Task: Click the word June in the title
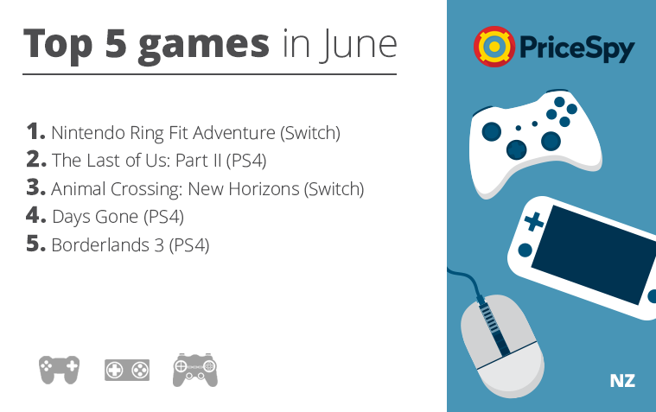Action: click(x=358, y=45)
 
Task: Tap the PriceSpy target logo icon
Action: click(x=494, y=47)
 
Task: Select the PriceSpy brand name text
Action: click(x=577, y=48)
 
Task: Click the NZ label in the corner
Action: click(x=622, y=381)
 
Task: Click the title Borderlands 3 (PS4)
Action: click(x=131, y=245)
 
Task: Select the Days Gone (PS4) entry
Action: click(x=118, y=217)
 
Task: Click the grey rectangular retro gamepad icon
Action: click(x=127, y=370)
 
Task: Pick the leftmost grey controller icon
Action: click(x=59, y=369)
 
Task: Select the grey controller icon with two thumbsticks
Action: click(x=195, y=370)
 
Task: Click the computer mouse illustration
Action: click(x=502, y=346)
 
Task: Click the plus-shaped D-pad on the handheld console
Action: click(x=533, y=222)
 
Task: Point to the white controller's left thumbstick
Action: click(x=492, y=131)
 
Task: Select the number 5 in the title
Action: click(x=116, y=43)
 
